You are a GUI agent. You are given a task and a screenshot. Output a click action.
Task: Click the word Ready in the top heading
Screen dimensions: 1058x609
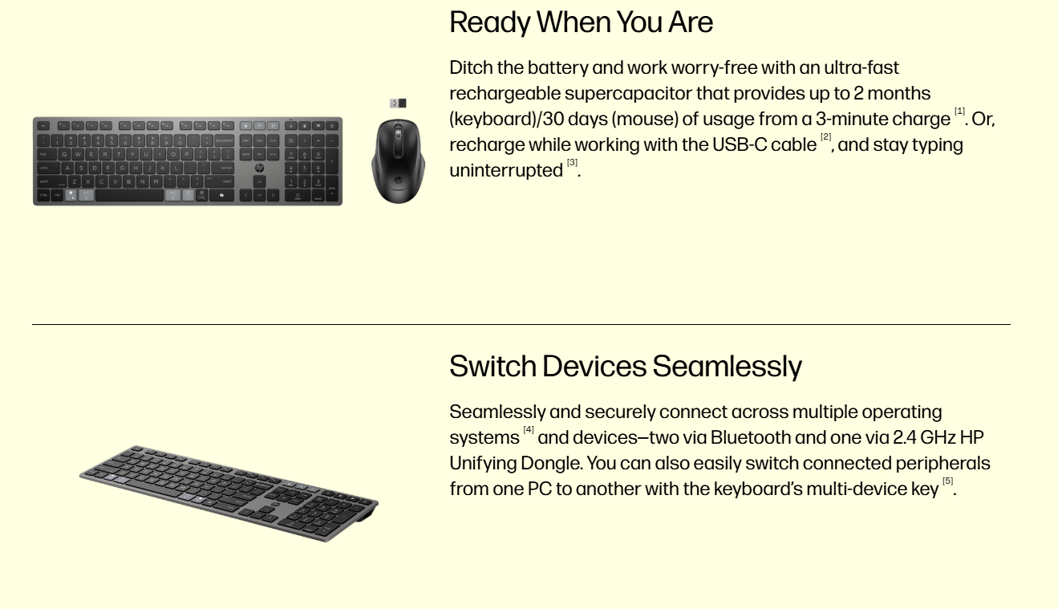click(490, 22)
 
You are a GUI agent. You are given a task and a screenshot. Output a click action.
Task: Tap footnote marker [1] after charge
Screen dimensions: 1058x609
click(959, 112)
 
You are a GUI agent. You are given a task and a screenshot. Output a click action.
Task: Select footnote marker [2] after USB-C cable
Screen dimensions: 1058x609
click(825, 137)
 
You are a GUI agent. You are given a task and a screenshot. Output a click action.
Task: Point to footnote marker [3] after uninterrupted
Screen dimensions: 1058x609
click(572, 163)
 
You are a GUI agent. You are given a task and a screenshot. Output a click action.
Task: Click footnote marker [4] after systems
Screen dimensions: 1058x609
click(529, 430)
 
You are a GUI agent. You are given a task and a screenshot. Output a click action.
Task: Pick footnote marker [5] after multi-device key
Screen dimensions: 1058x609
click(947, 481)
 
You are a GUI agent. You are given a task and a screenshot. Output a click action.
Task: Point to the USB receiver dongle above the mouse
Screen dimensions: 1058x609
click(398, 103)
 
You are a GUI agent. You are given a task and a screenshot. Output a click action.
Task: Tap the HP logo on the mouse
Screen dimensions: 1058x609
click(398, 180)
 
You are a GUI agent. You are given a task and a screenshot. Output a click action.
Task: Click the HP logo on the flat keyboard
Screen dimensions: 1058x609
click(259, 168)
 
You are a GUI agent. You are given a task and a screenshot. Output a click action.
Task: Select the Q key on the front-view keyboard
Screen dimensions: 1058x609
click(65, 154)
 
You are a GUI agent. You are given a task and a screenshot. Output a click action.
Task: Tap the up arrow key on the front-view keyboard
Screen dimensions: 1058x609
click(259, 182)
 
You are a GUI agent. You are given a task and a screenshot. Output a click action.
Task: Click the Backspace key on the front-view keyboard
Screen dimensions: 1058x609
click(225, 140)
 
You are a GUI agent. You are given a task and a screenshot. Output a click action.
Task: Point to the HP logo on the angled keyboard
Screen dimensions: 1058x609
click(275, 505)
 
